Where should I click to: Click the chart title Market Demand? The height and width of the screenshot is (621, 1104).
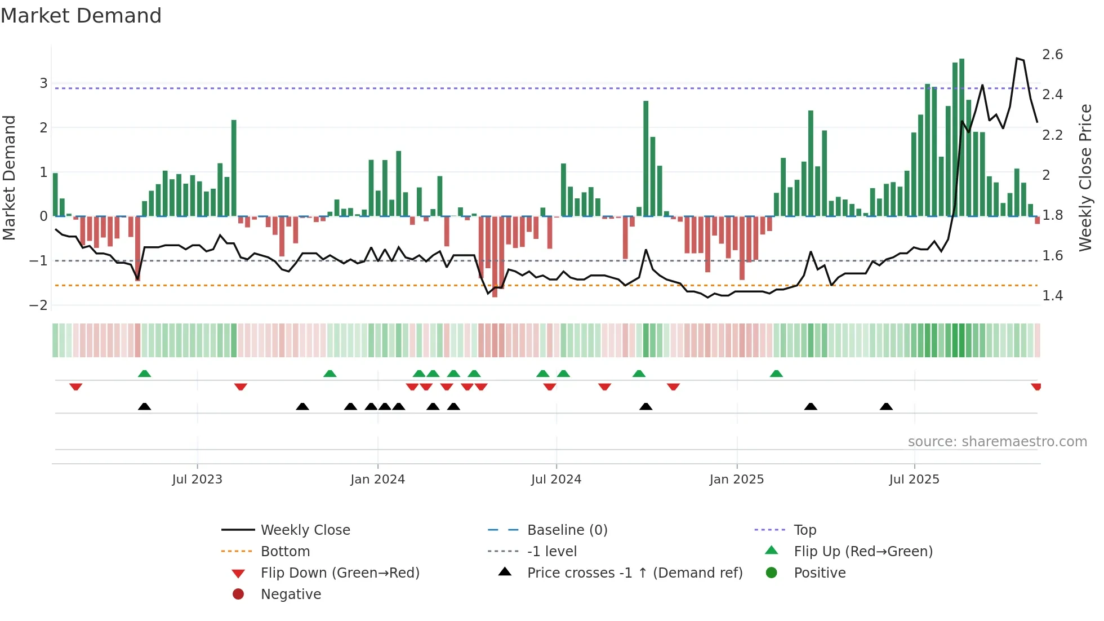[81, 16]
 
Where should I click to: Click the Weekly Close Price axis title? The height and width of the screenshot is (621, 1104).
[1085, 178]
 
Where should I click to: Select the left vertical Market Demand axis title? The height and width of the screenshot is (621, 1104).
[9, 178]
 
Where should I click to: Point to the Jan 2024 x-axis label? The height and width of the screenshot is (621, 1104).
[377, 480]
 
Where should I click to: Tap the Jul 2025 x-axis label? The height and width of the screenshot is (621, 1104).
[914, 480]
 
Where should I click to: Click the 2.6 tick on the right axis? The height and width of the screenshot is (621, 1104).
[1052, 55]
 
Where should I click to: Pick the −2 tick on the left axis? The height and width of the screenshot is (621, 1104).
[38, 305]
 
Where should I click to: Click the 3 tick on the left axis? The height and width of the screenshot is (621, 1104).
[43, 83]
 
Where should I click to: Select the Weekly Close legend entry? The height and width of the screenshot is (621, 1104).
[305, 530]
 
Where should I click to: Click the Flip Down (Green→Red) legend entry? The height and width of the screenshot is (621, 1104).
[340, 573]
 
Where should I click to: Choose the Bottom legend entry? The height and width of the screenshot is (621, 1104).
[285, 552]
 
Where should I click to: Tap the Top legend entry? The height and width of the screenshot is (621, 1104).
[805, 530]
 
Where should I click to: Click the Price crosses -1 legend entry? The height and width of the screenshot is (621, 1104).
[634, 573]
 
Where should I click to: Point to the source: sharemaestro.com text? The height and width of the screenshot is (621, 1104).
[997, 442]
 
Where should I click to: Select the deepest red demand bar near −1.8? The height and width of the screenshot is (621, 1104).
[495, 256]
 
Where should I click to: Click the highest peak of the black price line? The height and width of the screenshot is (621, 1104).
[1017, 59]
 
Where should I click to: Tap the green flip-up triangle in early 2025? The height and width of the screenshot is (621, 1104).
[776, 374]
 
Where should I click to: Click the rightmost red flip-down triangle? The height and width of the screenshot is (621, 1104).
[1036, 387]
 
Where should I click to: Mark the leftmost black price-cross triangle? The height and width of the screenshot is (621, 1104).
[144, 406]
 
